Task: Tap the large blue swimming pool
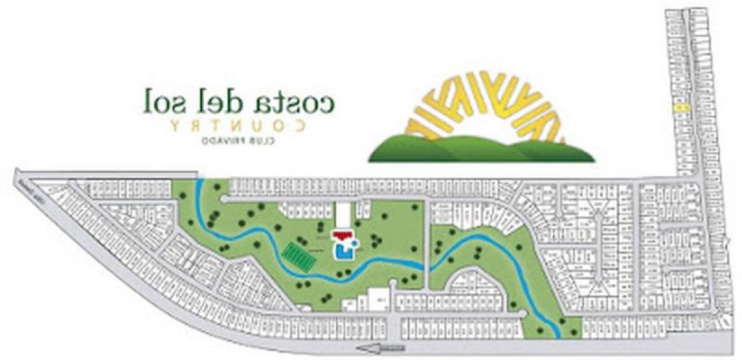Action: click(341, 251)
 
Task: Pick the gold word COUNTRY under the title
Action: click(239, 126)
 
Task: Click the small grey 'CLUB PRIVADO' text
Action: click(239, 142)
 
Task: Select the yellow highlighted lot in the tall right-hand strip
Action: click(683, 108)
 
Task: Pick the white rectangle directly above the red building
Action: click(343, 215)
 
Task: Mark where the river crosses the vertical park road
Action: click(425, 264)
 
